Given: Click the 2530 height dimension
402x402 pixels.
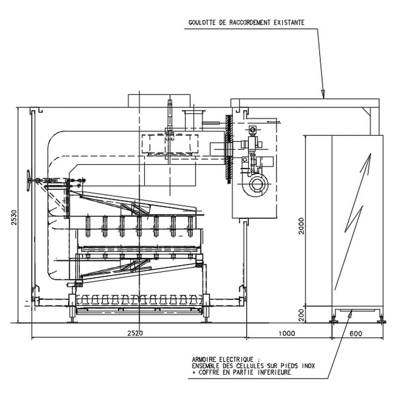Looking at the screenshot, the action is (14, 218).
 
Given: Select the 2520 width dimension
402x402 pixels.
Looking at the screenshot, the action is (135, 333).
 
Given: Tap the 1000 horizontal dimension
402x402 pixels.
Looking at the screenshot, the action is (287, 333).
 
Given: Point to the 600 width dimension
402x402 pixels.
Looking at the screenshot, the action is (356, 333).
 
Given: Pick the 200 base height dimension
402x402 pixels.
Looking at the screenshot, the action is (301, 315).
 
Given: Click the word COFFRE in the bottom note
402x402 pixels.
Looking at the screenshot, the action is (209, 372).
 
